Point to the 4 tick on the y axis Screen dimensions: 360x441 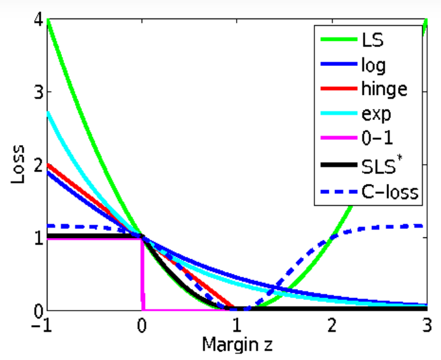click(x=39, y=20)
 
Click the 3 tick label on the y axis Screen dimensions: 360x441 click(x=39, y=92)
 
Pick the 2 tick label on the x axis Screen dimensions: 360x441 click(x=332, y=325)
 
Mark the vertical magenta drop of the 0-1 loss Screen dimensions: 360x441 click(x=142, y=277)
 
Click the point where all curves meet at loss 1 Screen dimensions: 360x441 click(x=142, y=237)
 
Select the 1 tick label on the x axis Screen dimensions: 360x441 click(x=236, y=325)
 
